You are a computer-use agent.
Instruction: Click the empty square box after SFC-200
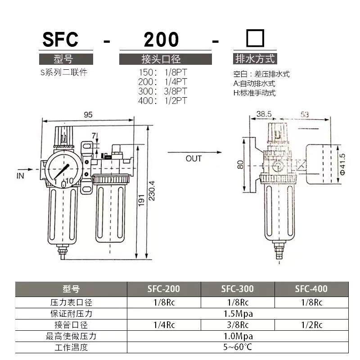(x=255, y=38)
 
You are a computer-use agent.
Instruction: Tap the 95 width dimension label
(x=88, y=115)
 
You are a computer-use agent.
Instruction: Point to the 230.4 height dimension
(x=152, y=191)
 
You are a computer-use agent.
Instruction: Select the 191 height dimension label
(x=141, y=200)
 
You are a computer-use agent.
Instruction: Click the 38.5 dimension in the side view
(x=264, y=114)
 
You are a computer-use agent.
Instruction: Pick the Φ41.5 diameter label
(x=342, y=164)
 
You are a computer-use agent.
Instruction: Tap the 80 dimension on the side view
(x=240, y=165)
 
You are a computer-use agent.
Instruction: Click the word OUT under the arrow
(x=193, y=159)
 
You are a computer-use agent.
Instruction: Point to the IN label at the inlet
(x=20, y=175)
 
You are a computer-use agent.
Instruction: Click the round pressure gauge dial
(x=63, y=169)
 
